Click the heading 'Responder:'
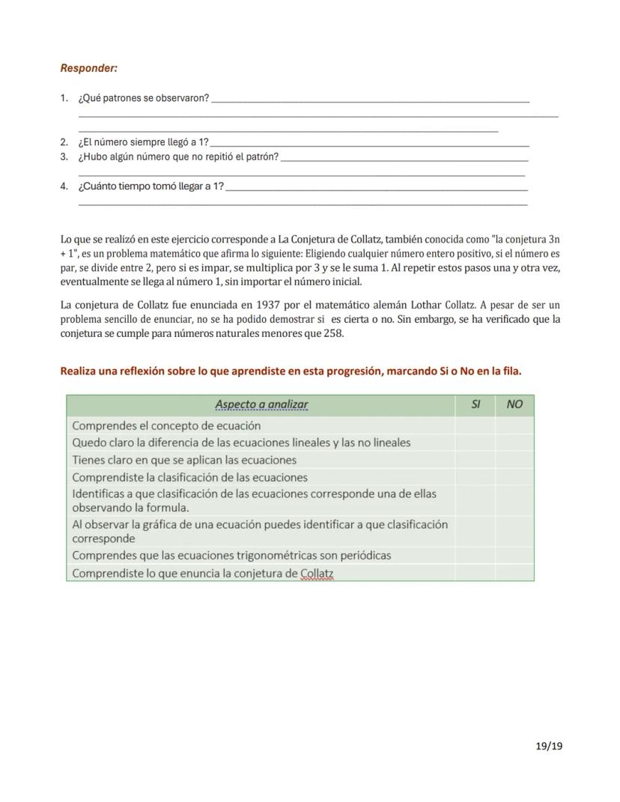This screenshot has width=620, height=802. coord(88,68)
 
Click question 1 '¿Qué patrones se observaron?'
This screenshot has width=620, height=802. coord(144,99)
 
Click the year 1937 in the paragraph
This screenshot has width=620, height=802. coord(268,305)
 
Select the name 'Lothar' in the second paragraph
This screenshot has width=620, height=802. coord(428,305)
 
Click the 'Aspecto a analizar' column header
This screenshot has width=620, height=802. coord(261,405)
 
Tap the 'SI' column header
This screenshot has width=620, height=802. coord(475,405)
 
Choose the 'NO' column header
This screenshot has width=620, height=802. coord(514,405)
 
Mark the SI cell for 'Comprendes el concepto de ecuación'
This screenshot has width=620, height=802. coord(475,425)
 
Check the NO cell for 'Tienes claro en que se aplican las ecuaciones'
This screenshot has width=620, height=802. coord(514,460)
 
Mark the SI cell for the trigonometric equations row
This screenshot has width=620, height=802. coord(475,556)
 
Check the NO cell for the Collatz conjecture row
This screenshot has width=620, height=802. coord(514,574)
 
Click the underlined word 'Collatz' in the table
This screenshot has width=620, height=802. coord(317,574)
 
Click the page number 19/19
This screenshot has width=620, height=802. coord(549,746)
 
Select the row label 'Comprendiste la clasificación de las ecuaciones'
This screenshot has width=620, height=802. coord(189,478)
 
